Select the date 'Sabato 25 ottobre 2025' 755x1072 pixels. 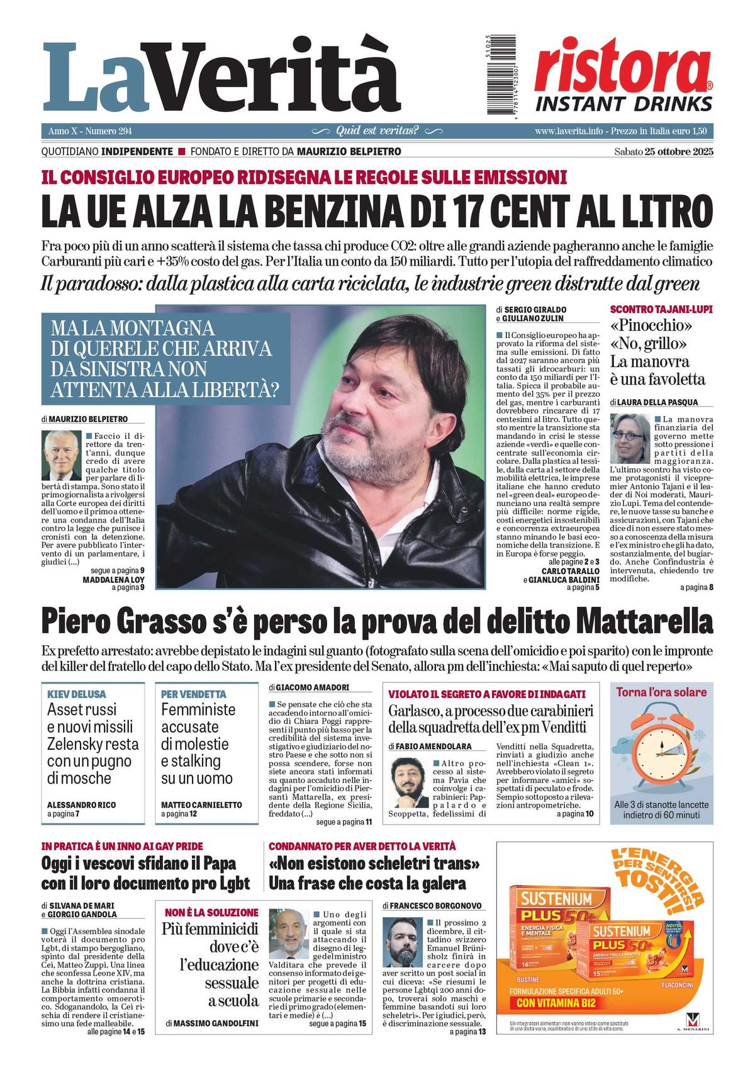pos(663,152)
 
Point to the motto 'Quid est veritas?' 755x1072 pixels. pos(377,131)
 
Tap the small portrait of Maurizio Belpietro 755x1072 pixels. pos(62,455)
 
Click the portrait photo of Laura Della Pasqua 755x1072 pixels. pos(630,439)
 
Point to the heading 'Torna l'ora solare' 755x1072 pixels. pos(661,692)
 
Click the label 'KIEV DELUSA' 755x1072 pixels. pos(77,694)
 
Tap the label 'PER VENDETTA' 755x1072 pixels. pos(193,694)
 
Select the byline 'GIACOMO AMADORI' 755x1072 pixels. pos(312,687)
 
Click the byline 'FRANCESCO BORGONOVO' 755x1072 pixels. pos(435,906)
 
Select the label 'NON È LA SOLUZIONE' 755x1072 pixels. pos(211,912)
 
